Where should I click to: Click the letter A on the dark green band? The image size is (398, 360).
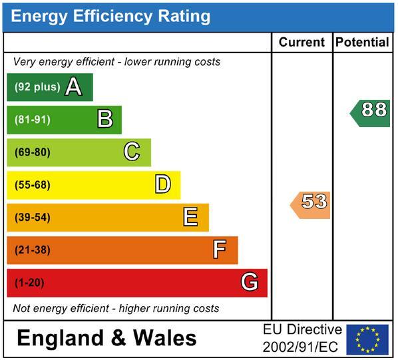point(74,87)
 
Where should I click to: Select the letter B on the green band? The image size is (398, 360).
point(105,118)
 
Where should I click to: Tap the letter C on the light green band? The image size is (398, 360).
point(132,151)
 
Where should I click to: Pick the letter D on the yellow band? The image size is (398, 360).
point(163,184)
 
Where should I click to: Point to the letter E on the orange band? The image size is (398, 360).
point(190,216)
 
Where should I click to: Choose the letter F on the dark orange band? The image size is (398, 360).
point(220,249)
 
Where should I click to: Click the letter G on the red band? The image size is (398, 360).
point(250,281)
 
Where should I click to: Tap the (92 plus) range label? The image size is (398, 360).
point(37,87)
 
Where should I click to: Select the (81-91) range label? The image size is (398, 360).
point(33,120)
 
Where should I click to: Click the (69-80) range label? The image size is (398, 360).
point(33,152)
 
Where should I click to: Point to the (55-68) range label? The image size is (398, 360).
point(33,185)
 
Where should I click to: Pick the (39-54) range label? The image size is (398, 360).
point(33,218)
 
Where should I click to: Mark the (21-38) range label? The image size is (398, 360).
point(33,250)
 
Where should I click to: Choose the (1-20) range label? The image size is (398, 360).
point(29,283)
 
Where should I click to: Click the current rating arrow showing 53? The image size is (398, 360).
point(310,205)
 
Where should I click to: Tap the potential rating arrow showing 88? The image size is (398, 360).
point(370,113)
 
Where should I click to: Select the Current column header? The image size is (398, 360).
point(301,42)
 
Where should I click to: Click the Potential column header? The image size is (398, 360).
point(362,42)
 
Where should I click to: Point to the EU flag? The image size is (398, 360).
point(367,339)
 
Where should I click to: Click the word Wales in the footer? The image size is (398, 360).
point(165,338)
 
